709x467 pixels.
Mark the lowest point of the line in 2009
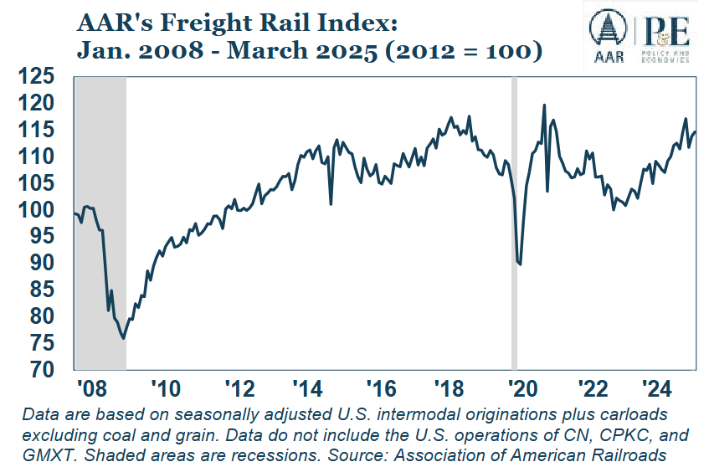[123, 338]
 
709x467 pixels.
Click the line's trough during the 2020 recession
[520, 264]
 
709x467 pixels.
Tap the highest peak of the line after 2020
[545, 105]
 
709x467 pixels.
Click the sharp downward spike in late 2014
[331, 203]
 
